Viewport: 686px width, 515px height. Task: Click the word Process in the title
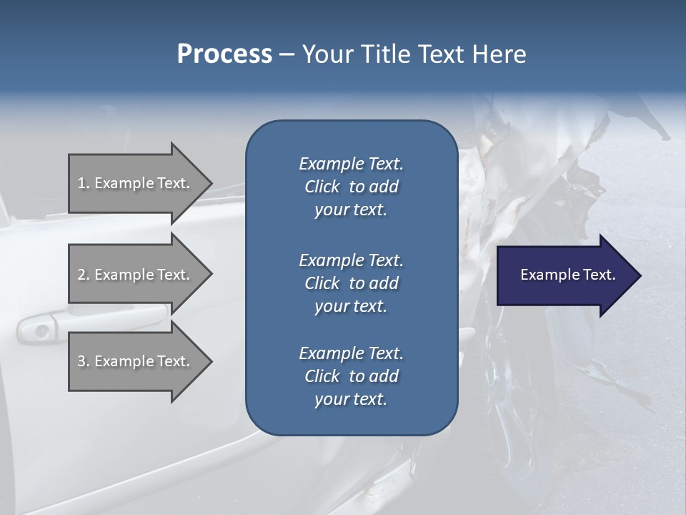(224, 54)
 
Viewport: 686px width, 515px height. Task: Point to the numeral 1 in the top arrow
(81, 183)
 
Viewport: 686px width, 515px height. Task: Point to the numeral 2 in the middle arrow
(81, 275)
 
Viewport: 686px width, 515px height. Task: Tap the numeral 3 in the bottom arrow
(81, 361)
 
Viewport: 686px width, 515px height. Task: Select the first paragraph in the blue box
(351, 187)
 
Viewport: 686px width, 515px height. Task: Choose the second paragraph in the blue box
(351, 283)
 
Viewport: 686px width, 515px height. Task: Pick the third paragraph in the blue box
(351, 376)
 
